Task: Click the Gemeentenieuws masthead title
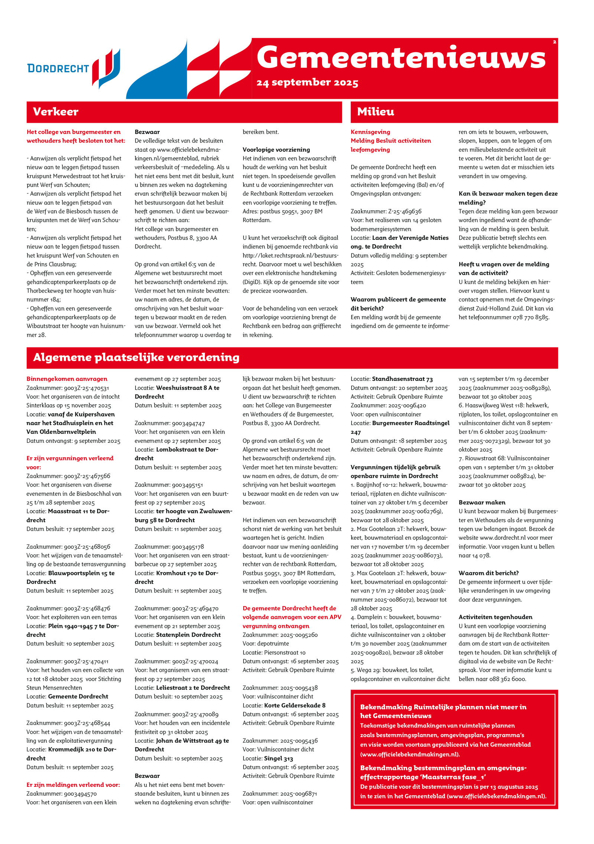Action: pos(401,58)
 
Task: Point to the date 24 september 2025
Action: pos(307,82)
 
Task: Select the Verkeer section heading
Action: pos(56,112)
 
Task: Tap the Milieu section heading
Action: pos(375,112)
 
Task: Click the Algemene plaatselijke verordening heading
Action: pos(136,357)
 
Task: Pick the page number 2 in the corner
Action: pos(554,42)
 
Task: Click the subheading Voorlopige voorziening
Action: pos(276,150)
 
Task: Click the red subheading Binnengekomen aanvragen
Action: pos(67,379)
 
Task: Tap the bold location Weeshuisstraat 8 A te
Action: pos(187,388)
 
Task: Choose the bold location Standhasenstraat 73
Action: pos(402,379)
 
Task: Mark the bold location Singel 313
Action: pos(278,758)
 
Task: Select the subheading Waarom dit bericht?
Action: pos(489,573)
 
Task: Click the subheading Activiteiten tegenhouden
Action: pos(495,617)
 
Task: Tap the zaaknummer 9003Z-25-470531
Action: pos(87,388)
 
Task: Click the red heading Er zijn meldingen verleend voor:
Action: pos(73,785)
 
